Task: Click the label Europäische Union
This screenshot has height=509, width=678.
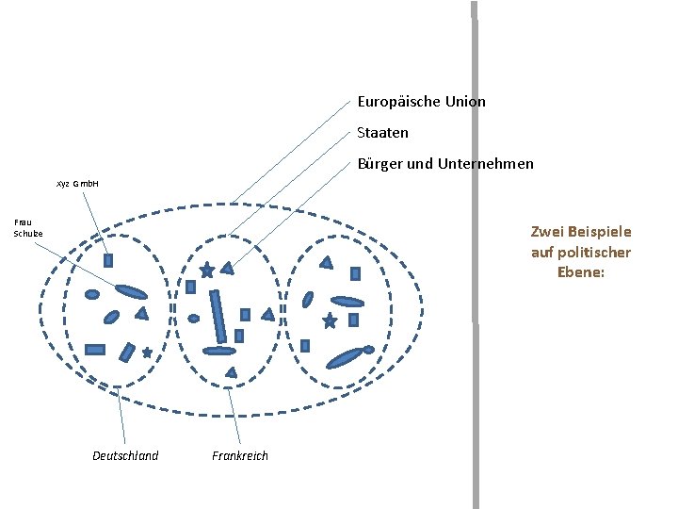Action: click(x=421, y=101)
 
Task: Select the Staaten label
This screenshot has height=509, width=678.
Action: click(x=382, y=133)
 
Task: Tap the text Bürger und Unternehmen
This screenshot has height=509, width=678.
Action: click(x=444, y=164)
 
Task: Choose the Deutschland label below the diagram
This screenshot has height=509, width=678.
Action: click(x=125, y=456)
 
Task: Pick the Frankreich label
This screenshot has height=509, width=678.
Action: click(x=240, y=456)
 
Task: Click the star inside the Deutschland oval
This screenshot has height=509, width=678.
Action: click(x=147, y=352)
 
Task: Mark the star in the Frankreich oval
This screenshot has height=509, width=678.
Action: click(x=206, y=270)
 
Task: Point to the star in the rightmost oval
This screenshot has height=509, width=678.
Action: click(x=330, y=321)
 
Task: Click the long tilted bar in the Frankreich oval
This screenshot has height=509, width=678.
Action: click(x=218, y=317)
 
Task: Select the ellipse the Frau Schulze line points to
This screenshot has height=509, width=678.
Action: click(x=132, y=290)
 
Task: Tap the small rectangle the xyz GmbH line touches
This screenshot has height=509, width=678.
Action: click(x=107, y=260)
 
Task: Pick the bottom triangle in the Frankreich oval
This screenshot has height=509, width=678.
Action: click(x=232, y=372)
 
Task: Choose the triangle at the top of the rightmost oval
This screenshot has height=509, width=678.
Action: click(x=327, y=263)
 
